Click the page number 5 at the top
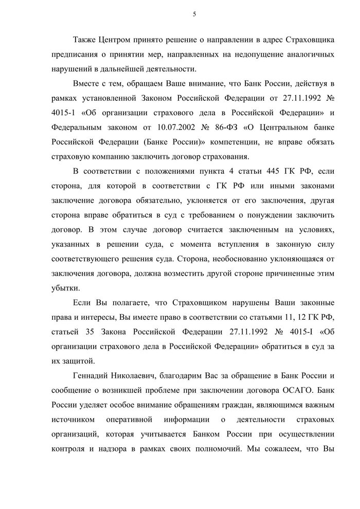click(x=193, y=14)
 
